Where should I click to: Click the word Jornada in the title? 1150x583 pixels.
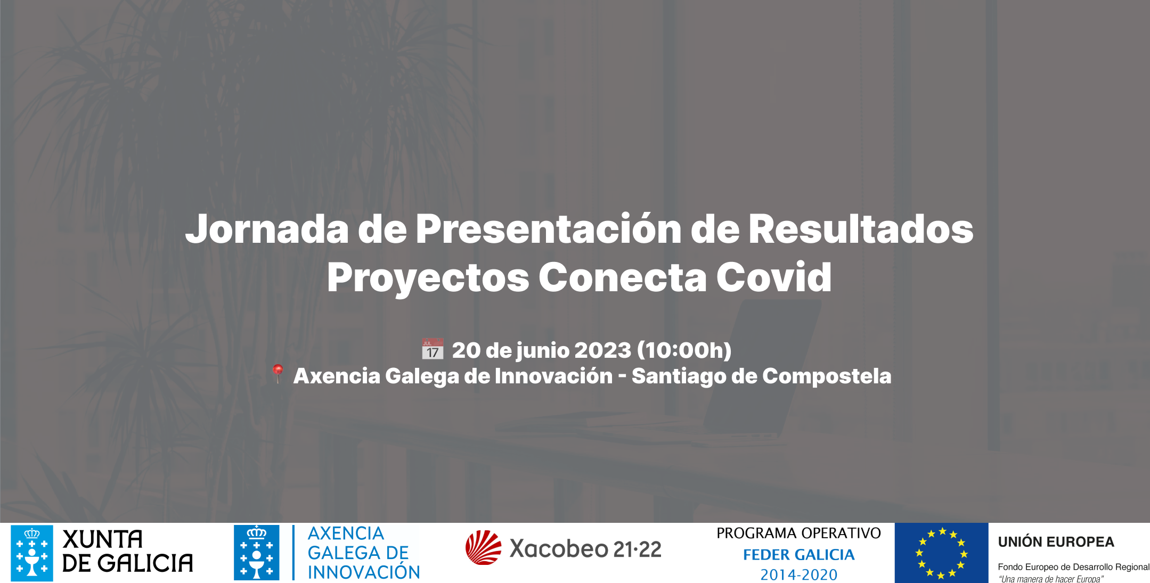pyautogui.click(x=267, y=229)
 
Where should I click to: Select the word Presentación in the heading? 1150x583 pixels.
pyautogui.click(x=549, y=228)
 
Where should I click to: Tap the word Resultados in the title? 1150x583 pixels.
pyautogui.click(x=861, y=228)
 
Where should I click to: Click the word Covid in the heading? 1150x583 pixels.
pyautogui.click(x=773, y=277)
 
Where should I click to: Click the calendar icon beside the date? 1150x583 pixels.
pyautogui.click(x=433, y=349)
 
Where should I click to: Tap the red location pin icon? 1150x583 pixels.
pyautogui.click(x=277, y=373)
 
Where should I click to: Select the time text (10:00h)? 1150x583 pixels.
pyautogui.click(x=684, y=350)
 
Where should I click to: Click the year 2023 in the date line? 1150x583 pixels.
pyautogui.click(x=602, y=350)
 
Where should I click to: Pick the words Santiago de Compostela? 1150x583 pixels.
pyautogui.click(x=761, y=376)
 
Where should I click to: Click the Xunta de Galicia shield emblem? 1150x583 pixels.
pyautogui.click(x=32, y=553)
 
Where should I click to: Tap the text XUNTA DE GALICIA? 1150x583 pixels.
pyautogui.click(x=127, y=552)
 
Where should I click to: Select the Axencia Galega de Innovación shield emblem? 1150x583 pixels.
pyautogui.click(x=257, y=553)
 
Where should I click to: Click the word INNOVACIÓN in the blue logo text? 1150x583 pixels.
pyautogui.click(x=364, y=572)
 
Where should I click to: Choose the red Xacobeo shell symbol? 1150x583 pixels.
pyautogui.click(x=483, y=547)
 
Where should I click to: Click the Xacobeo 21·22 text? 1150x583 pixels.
pyautogui.click(x=585, y=548)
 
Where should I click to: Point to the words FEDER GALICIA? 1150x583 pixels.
pyautogui.click(x=798, y=555)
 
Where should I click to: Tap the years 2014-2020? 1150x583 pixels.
pyautogui.click(x=798, y=575)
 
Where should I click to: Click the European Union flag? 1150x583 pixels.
pyautogui.click(x=941, y=553)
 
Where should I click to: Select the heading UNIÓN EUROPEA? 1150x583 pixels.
pyautogui.click(x=1056, y=542)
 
